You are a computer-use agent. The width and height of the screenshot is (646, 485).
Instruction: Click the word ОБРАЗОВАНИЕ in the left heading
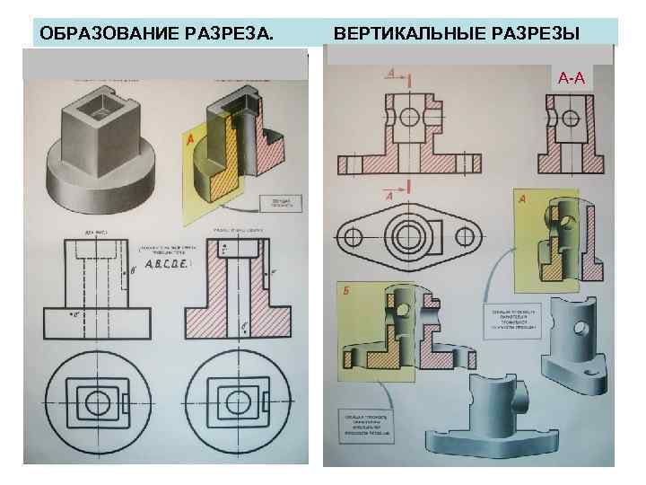pos(98,34)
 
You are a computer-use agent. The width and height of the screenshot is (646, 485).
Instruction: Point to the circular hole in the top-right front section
pos(409,117)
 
